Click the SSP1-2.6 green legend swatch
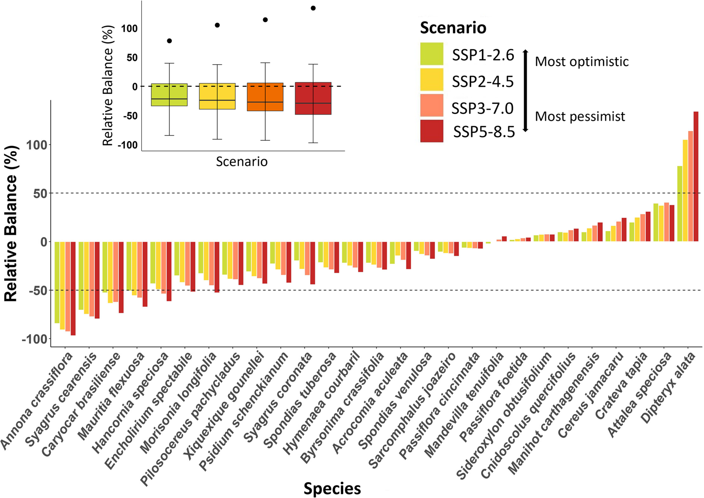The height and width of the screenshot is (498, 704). coord(431,54)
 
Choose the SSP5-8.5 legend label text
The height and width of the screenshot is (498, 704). coord(483,132)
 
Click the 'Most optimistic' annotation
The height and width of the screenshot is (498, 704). coord(582,61)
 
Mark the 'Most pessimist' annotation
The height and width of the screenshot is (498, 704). coord(580,116)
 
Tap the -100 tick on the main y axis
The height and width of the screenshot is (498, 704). coord(35,339)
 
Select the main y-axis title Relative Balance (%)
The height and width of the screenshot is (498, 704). coord(11,223)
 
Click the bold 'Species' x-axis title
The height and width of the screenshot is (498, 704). coord(332,488)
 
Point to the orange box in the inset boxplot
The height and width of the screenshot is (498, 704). coord(265,97)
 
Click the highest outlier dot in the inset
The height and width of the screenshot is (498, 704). coord(313,8)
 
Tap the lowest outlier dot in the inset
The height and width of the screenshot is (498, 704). coord(169,41)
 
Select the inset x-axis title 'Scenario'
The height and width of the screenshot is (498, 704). coord(242,162)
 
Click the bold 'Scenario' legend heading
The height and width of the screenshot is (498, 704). coord(452,28)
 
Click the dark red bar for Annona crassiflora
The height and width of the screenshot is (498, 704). coord(73,289)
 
